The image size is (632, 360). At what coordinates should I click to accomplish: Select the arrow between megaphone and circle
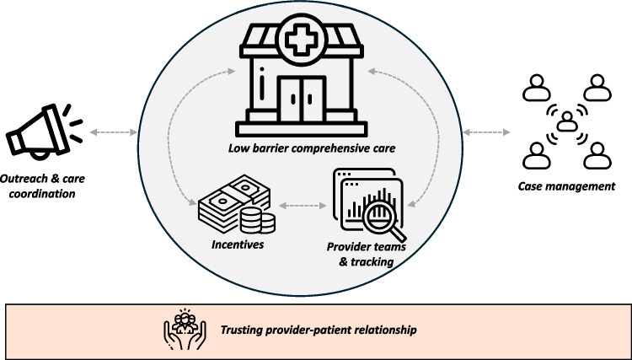113,132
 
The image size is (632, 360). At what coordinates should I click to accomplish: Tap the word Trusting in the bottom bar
238,330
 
